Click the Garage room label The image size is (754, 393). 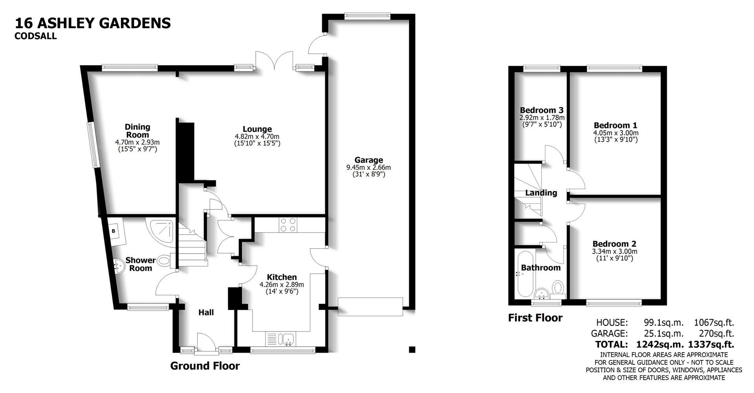pos(368,160)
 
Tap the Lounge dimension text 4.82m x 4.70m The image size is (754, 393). pos(257,136)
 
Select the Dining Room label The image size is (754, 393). pos(137,131)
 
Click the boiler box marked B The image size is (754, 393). pos(113,231)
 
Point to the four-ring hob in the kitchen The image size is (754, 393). pos(288,225)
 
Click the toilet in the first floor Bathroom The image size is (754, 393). pos(557,287)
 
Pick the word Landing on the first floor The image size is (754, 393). pos(541,193)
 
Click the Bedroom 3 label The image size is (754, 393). pos(542,110)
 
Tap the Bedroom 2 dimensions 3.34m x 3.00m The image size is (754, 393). pos(614,251)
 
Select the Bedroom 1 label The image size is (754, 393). pos(615,126)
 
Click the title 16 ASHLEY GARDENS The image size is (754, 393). pos(93,23)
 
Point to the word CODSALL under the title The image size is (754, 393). pos(35,36)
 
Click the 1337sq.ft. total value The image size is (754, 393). pos(711,345)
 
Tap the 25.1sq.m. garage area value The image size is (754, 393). pos(663,334)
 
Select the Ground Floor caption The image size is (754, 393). pos(205,366)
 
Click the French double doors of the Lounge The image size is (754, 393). pos(274,61)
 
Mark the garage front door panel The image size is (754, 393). pos(370,306)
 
